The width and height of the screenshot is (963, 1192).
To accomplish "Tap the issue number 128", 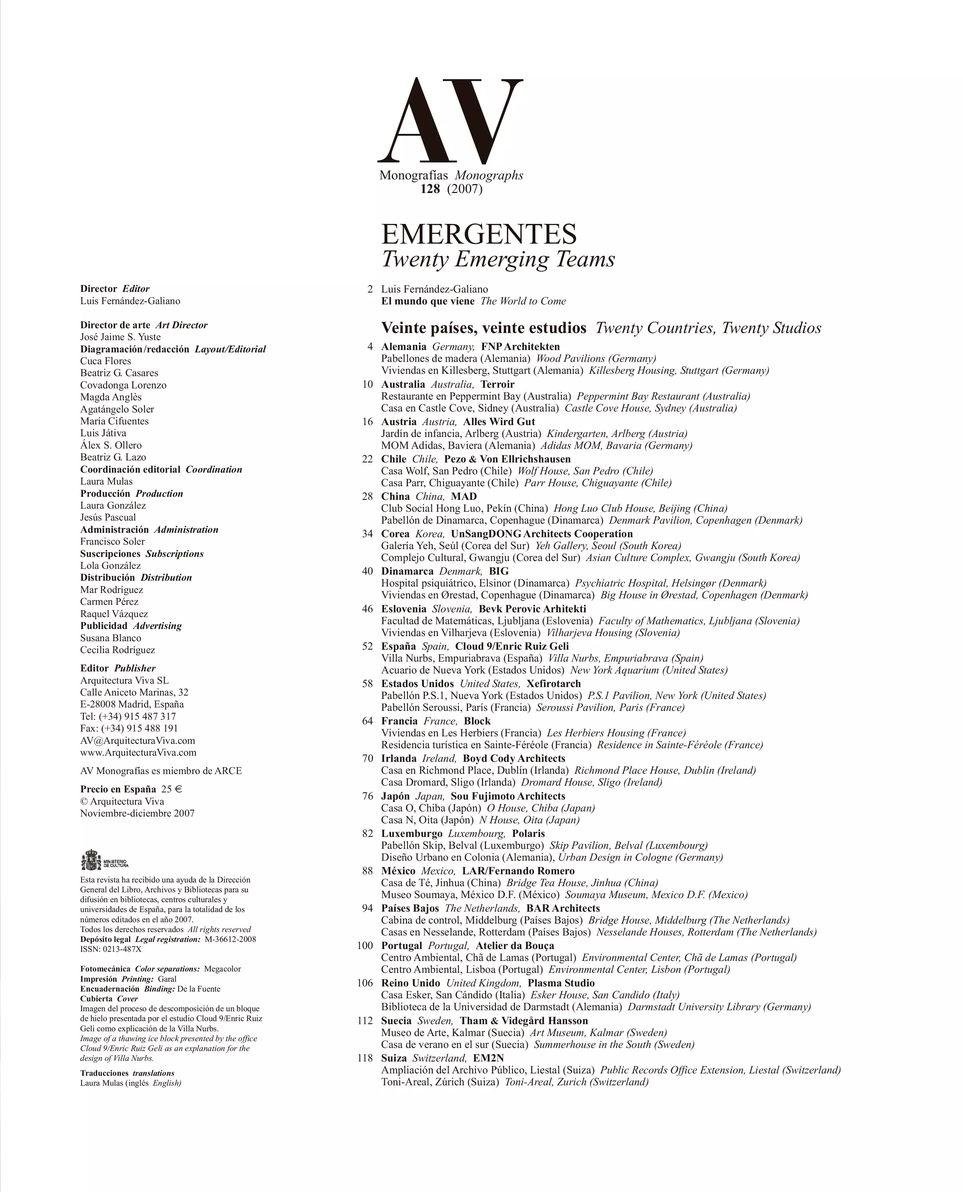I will click(x=430, y=189).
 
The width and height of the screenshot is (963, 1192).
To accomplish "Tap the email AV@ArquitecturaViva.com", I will click(x=138, y=741).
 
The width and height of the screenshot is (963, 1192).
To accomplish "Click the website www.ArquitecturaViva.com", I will click(x=138, y=753).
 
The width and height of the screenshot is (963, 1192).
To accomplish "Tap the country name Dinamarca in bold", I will click(x=407, y=571).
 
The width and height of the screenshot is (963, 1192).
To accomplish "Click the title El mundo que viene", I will click(x=428, y=301).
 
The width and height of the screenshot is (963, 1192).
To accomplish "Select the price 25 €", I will click(x=172, y=789).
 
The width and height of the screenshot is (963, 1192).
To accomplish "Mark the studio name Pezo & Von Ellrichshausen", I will click(x=507, y=459).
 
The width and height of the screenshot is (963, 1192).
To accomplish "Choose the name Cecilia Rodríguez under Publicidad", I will click(x=118, y=650).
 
